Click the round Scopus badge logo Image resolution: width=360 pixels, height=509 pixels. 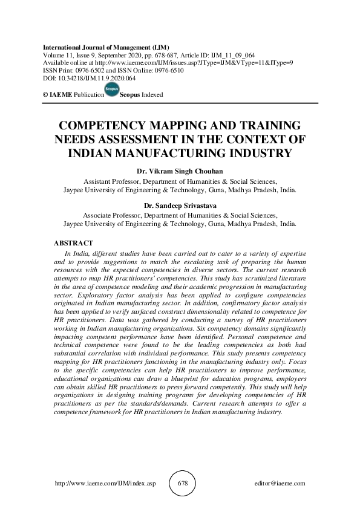click(112, 90)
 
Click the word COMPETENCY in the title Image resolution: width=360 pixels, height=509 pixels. click(103, 126)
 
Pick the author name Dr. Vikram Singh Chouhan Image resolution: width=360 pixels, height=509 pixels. click(180, 171)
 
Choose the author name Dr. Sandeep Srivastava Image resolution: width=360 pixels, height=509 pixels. click(180, 206)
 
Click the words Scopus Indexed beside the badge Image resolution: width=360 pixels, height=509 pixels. click(142, 95)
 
